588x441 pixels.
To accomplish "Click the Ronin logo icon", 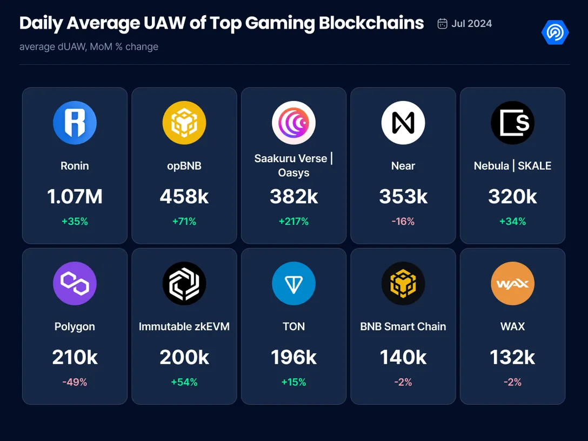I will pos(75,123).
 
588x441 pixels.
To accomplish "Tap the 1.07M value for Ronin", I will pos(75,197).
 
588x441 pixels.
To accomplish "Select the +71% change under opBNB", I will pos(184,222).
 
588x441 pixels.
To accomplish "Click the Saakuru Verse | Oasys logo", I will pos(293,123).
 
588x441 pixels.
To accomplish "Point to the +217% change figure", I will pos(293,222).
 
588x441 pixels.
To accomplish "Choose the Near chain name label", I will pos(403,166).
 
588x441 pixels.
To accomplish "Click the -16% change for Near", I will pos(403,222).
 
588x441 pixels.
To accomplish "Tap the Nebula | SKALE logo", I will pos(512,123).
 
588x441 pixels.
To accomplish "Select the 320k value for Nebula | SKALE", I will pos(512,197).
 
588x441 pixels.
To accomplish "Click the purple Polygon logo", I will pos(75,284).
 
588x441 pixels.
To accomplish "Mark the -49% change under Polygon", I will pos(75,382).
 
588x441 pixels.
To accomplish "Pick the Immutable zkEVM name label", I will pos(184,326).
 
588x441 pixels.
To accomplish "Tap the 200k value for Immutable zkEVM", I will pos(184,357).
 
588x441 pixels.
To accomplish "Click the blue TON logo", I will pos(293,284).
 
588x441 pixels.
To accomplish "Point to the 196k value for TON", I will pos(293,357).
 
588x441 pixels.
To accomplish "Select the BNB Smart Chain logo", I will pos(403,284).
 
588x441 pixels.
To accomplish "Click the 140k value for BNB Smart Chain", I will pos(403,357).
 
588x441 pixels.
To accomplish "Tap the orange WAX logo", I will pos(512,284).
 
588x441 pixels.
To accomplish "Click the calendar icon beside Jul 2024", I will pos(442,24).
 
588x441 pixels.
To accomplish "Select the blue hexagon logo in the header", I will pos(555,33).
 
